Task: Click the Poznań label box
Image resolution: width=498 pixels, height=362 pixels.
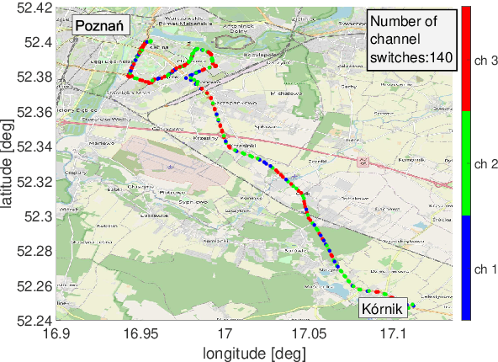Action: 100,26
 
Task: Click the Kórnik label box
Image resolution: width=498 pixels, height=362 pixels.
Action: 383,308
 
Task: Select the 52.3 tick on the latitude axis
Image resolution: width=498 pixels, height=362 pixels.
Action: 40,216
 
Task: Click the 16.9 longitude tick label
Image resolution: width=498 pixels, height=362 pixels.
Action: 56,334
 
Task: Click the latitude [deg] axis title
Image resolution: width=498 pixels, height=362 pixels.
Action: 9,163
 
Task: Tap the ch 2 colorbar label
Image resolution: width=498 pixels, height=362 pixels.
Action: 486,163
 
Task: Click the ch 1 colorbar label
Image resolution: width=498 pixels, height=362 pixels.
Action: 486,269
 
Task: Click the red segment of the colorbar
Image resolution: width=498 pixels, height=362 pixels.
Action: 465,59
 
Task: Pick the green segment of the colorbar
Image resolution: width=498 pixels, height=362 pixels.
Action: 465,163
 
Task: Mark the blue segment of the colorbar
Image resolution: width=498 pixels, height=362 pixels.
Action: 465,269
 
